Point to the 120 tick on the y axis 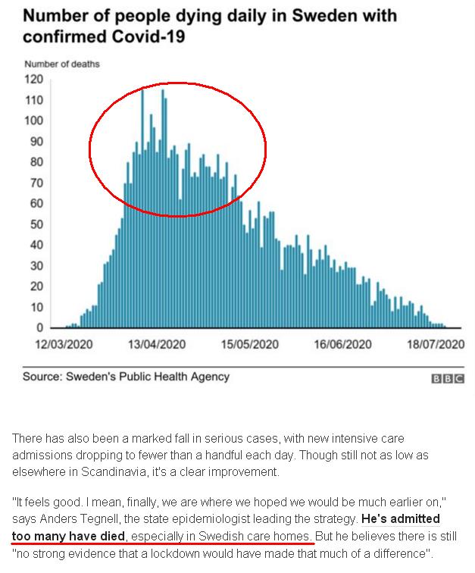click(35, 79)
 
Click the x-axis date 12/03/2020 click(64, 345)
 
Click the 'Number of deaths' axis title click(61, 64)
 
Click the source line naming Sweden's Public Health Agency click(126, 377)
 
